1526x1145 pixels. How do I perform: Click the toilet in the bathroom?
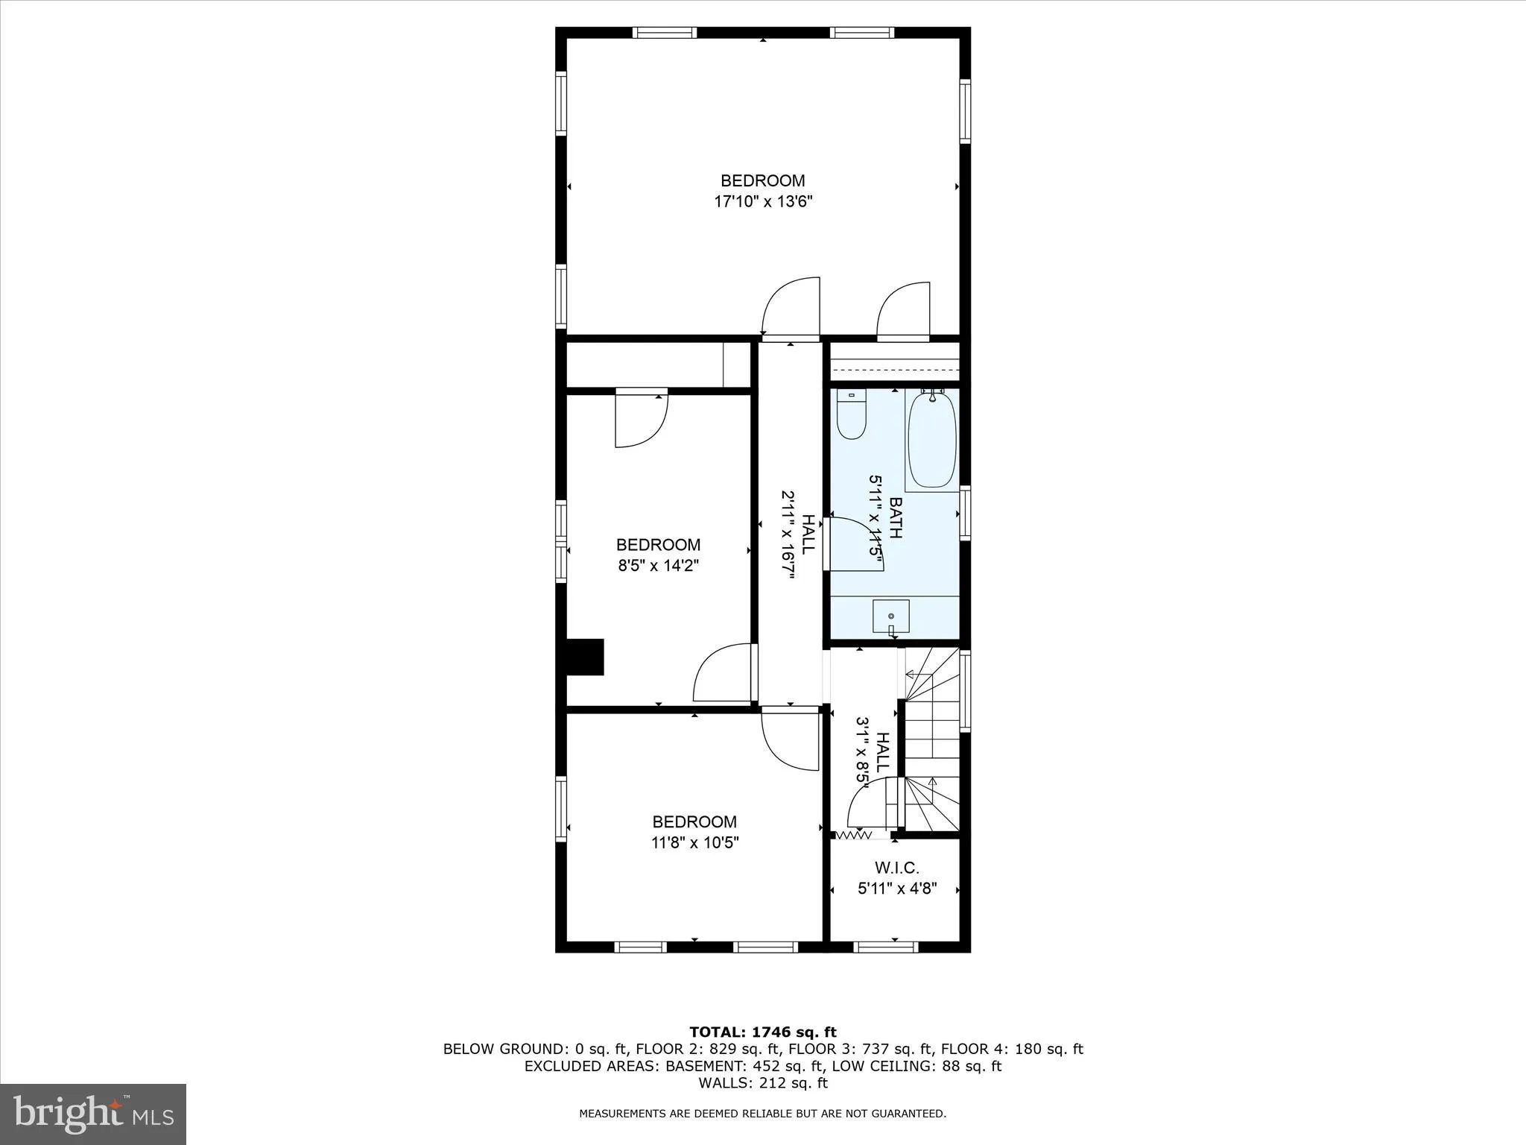[851, 417]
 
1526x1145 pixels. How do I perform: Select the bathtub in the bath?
[931, 441]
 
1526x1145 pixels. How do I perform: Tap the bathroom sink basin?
[890, 616]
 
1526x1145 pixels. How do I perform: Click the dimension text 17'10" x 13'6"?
[762, 201]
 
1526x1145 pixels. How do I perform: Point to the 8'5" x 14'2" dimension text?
[658, 566]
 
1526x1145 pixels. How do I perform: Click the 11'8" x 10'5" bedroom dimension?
[694, 843]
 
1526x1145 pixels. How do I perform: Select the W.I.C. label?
[896, 868]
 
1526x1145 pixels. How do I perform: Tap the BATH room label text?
[895, 518]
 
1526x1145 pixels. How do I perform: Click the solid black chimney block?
[586, 657]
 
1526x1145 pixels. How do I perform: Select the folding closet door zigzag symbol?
[854, 836]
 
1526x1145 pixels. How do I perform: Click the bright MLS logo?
[93, 1114]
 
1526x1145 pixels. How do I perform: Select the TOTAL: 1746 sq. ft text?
[762, 1032]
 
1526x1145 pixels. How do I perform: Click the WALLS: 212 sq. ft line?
[762, 1083]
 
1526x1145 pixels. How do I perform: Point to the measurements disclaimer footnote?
[762, 1114]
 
